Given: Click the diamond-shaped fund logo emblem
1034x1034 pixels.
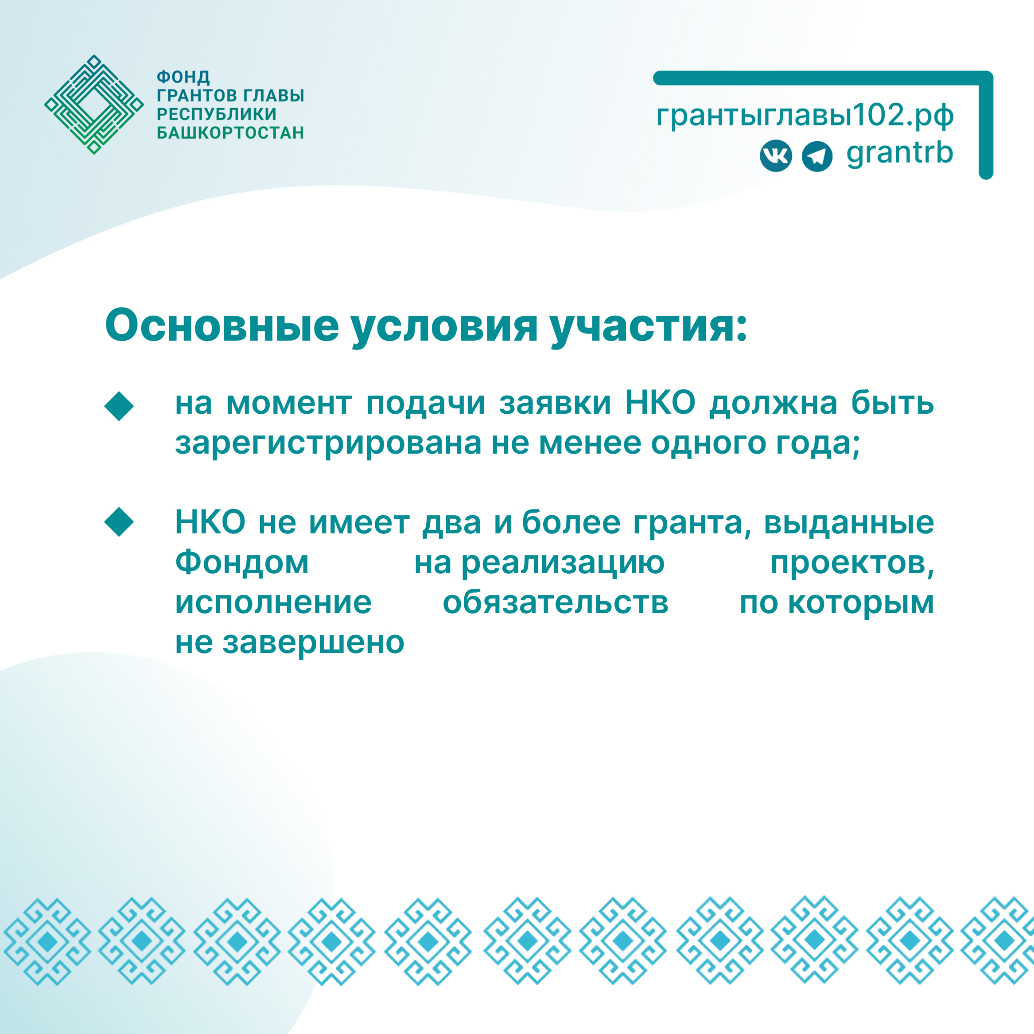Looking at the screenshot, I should tap(93, 105).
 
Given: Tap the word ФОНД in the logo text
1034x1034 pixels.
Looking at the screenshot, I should tap(183, 77).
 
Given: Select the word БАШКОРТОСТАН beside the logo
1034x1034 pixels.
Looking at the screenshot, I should tap(230, 133).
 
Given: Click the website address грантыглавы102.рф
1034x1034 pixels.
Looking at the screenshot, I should tap(805, 115).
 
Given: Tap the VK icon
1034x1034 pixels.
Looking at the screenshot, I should tap(775, 156).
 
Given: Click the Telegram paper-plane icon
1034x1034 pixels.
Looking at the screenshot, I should tap(817, 156).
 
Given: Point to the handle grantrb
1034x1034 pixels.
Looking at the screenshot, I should tap(900, 154).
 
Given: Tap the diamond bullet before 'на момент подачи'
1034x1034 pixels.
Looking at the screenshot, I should tap(119, 406).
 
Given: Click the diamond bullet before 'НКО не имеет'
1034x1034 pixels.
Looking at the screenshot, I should tap(119, 522).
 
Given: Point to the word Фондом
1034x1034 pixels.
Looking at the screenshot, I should tap(242, 563).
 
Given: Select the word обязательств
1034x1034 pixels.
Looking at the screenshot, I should tap(556, 603).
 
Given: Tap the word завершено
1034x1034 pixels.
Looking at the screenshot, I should tap(313, 642).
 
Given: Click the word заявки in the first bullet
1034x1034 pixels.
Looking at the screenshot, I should tap(555, 404).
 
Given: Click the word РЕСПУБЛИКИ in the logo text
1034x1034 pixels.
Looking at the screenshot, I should tap(217, 114).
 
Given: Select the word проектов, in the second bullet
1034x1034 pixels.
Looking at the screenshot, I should tap(852, 563).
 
